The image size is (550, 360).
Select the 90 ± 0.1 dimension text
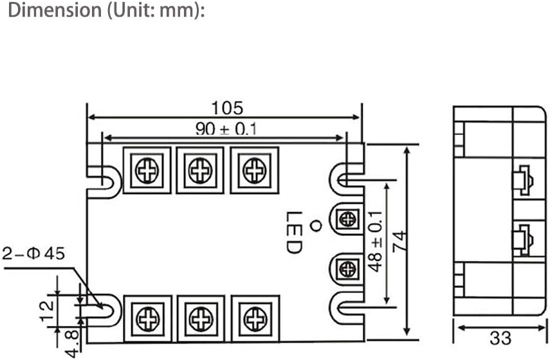pos(226,129)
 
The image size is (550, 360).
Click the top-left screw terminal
pos(147,170)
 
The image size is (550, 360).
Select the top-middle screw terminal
pos(200,170)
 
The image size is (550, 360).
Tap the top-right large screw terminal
pos(255,170)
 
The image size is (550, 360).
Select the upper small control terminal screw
pos(347,219)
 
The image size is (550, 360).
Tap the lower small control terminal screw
pos(347,268)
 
